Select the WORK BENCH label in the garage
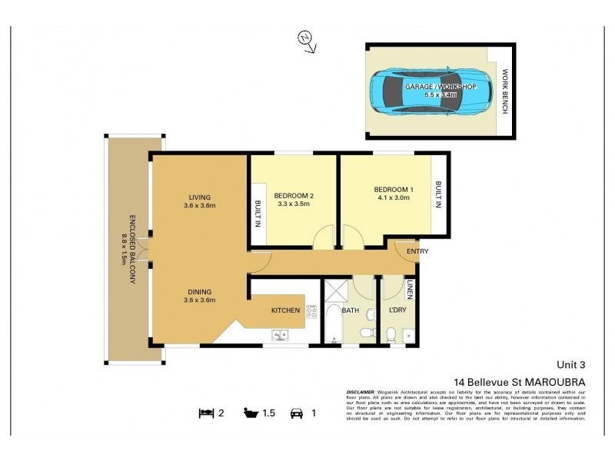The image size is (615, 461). pyautogui.click(x=504, y=91)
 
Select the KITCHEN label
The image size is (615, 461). pyautogui.click(x=285, y=310)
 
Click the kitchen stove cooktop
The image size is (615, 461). pyautogui.click(x=311, y=311)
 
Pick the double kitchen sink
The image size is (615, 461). pyautogui.click(x=279, y=334)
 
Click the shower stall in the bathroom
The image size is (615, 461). pyautogui.click(x=335, y=291)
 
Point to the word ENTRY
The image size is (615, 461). pyautogui.click(x=417, y=251)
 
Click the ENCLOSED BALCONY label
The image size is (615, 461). pyautogui.click(x=127, y=248)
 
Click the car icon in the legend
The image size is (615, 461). pyautogui.click(x=295, y=413)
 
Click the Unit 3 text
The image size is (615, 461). pyautogui.click(x=571, y=365)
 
